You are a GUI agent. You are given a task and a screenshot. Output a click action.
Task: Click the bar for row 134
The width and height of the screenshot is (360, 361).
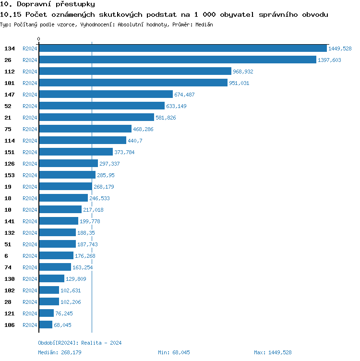182,48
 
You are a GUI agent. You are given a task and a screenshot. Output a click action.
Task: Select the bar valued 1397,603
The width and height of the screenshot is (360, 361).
177,60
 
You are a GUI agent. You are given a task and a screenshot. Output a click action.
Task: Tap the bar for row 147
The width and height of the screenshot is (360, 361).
106,95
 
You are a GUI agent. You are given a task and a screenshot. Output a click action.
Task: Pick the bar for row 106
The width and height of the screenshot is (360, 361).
46,325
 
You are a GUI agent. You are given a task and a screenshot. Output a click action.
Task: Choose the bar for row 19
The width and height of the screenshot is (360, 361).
65,187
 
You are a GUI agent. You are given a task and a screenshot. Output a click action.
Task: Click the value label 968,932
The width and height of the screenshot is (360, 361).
243,72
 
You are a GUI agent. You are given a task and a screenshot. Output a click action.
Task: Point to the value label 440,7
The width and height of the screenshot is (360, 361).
137,141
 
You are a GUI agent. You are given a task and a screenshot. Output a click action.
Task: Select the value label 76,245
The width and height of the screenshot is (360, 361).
64,313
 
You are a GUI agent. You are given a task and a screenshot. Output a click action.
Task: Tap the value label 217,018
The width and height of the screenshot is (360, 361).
93,210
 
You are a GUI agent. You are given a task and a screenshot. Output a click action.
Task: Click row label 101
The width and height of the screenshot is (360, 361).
10,83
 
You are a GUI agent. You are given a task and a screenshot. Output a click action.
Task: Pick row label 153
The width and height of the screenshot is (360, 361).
10,175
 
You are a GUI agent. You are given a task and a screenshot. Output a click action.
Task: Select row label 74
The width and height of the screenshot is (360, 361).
8,267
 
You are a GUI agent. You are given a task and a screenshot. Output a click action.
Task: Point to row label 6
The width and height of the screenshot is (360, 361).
6,256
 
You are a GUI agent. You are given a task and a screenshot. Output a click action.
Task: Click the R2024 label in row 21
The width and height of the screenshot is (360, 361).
30,118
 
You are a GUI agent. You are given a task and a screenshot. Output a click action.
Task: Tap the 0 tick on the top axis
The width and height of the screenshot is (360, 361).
39,39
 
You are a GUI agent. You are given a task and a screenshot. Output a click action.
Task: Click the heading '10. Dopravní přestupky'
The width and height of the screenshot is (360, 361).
44,4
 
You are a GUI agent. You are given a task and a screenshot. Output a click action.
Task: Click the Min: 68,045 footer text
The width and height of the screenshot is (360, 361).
174,352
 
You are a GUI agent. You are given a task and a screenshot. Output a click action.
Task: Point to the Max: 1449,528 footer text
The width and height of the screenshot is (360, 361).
273,352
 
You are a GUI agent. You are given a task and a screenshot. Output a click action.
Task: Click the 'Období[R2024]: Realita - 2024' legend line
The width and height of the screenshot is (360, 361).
80,343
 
